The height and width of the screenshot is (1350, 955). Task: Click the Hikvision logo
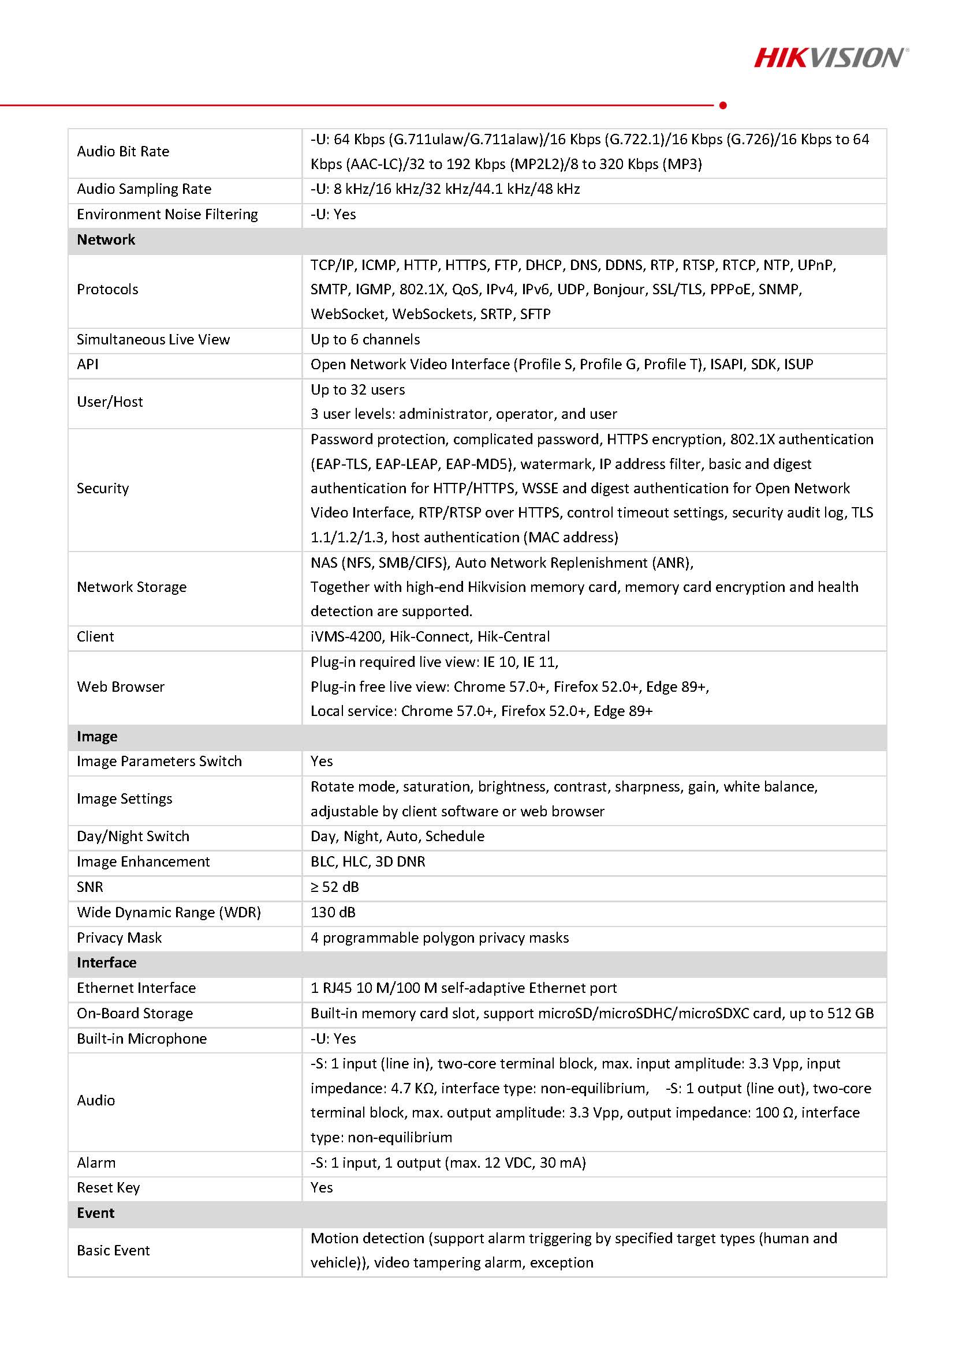[830, 58]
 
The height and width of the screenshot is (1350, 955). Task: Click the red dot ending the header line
[723, 105]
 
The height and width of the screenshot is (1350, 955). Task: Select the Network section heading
[106, 240]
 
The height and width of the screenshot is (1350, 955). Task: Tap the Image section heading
[97, 737]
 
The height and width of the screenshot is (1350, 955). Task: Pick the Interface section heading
[106, 962]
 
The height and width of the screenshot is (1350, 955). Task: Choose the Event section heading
[95, 1213]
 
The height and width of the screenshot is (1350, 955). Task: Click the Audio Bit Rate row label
[123, 152]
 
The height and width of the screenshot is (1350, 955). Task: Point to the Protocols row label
[107, 289]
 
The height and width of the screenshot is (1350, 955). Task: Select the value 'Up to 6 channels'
[365, 339]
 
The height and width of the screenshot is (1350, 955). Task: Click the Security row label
[103, 489]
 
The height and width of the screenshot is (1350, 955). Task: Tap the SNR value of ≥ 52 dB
[334, 887]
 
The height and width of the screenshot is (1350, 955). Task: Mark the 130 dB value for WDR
[333, 912]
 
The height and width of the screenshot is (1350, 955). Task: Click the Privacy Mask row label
[120, 938]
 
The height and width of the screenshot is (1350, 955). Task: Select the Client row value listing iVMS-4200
[430, 637]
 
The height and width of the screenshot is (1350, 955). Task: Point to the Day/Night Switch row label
[133, 836]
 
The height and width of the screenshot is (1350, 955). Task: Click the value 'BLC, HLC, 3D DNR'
[368, 861]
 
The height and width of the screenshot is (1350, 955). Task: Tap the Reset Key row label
[109, 1188]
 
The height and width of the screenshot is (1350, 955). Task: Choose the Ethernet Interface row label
[136, 988]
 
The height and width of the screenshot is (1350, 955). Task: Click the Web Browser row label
[121, 687]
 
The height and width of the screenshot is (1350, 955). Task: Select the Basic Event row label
[113, 1251]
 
